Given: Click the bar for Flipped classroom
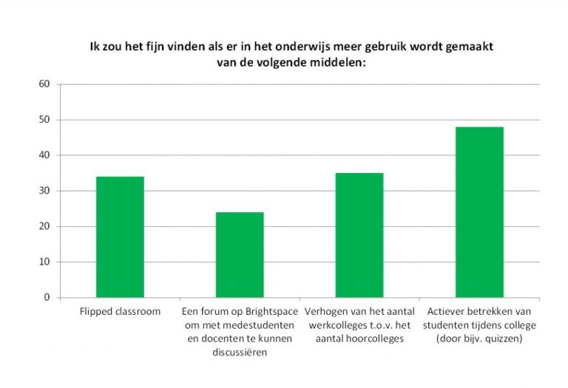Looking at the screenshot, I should pyautogui.click(x=120, y=236).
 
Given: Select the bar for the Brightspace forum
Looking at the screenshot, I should pyautogui.click(x=240, y=255).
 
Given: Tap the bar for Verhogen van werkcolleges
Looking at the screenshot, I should pyautogui.click(x=359, y=235).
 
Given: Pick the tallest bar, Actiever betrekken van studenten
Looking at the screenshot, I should pyautogui.click(x=479, y=212).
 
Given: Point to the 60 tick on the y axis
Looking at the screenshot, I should pyautogui.click(x=44, y=84).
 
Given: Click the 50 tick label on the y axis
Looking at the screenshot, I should pyautogui.click(x=44, y=120).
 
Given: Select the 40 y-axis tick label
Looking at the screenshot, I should pyautogui.click(x=44, y=155).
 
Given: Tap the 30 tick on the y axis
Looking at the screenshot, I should pyautogui.click(x=44, y=191).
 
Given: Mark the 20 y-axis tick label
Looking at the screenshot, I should pyautogui.click(x=44, y=226).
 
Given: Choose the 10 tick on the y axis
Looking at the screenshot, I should pyautogui.click(x=44, y=262).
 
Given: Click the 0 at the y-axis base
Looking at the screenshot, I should pyautogui.click(x=47, y=297).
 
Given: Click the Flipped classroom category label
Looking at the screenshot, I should pyautogui.click(x=120, y=311).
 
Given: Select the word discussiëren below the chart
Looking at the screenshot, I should pyautogui.click(x=240, y=351).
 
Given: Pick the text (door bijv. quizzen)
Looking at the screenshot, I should pyautogui.click(x=479, y=338).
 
